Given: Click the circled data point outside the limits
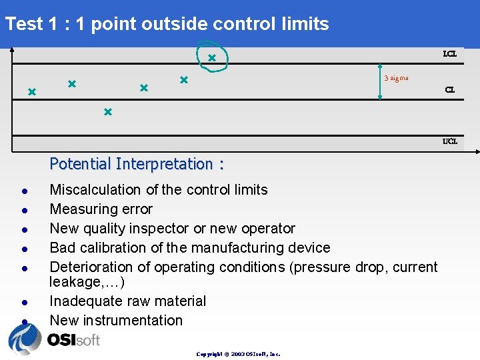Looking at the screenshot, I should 211,58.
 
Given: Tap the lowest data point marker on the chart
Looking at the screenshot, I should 107,112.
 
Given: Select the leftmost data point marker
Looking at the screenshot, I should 31,91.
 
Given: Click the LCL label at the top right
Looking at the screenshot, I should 450,53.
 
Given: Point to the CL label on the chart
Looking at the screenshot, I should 450,89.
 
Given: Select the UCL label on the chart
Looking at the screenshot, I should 450,141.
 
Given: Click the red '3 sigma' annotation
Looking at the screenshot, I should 396,78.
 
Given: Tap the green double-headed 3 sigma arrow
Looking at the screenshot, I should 379,83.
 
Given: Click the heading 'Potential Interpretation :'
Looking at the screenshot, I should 137,163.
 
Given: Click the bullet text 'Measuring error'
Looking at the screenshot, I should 101,209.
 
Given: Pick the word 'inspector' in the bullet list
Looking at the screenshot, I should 160,229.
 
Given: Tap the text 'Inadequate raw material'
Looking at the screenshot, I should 128,301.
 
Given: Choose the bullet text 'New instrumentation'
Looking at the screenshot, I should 116,321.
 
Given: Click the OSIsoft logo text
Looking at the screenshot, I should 73,340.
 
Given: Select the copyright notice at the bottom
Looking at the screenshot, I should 238,354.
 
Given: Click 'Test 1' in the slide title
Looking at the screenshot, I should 33,24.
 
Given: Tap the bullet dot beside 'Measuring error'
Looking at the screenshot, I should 23,210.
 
